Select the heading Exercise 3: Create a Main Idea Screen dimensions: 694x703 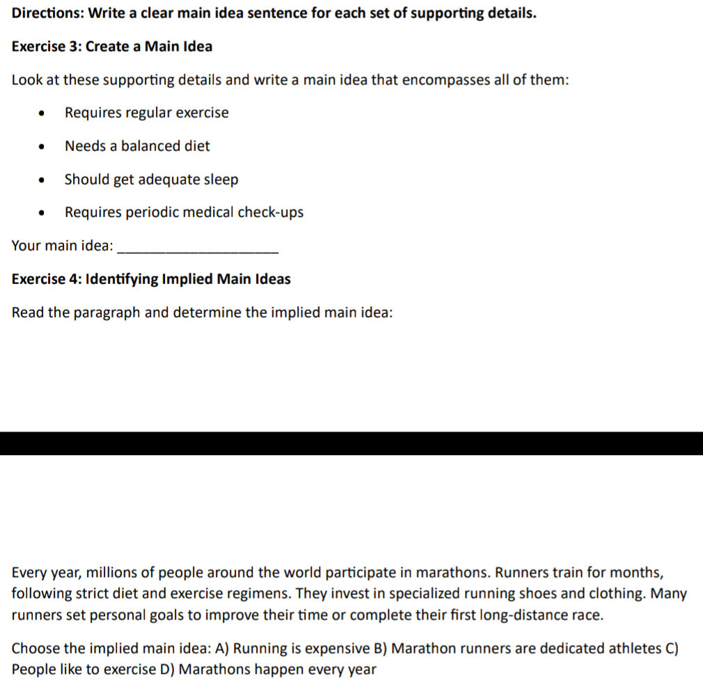click(112, 47)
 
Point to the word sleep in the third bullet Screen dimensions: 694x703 click(221, 180)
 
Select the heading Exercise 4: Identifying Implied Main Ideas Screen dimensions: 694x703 click(151, 279)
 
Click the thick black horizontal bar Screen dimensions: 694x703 click(351, 443)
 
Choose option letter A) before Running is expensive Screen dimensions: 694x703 click(222, 649)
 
